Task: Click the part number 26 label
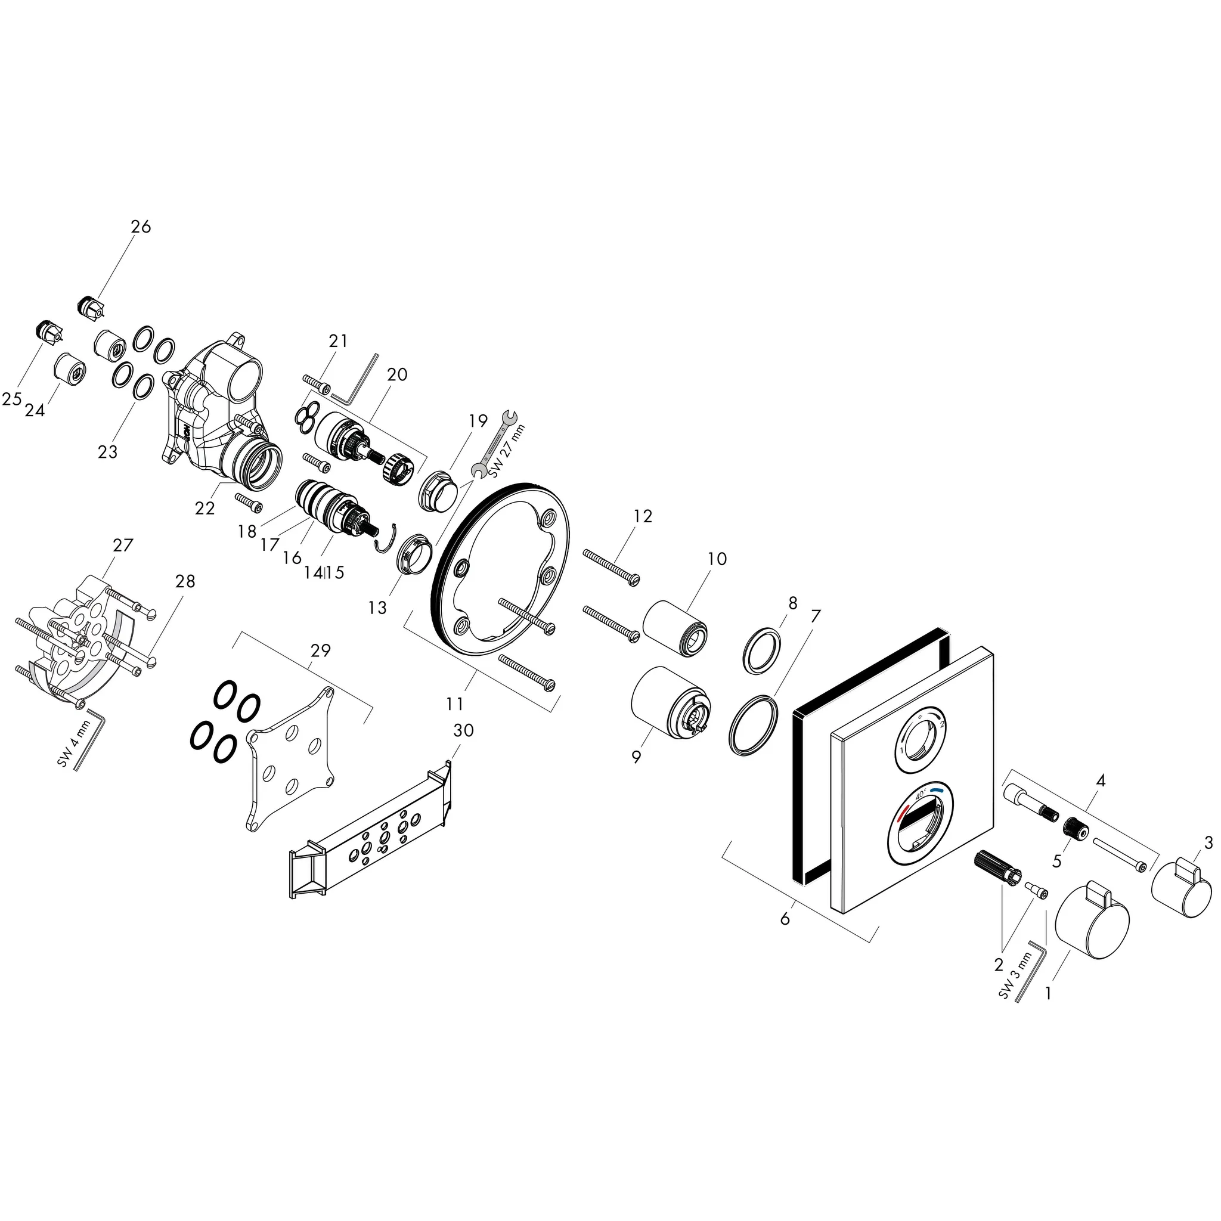pyautogui.click(x=141, y=226)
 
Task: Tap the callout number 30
pyautogui.click(x=463, y=730)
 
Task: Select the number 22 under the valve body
pyautogui.click(x=204, y=507)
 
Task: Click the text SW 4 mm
pyautogui.click(x=75, y=743)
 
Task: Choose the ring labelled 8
pyautogui.click(x=761, y=650)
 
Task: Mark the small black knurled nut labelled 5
pyautogui.click(x=1074, y=829)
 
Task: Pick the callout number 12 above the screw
pyautogui.click(x=642, y=516)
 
